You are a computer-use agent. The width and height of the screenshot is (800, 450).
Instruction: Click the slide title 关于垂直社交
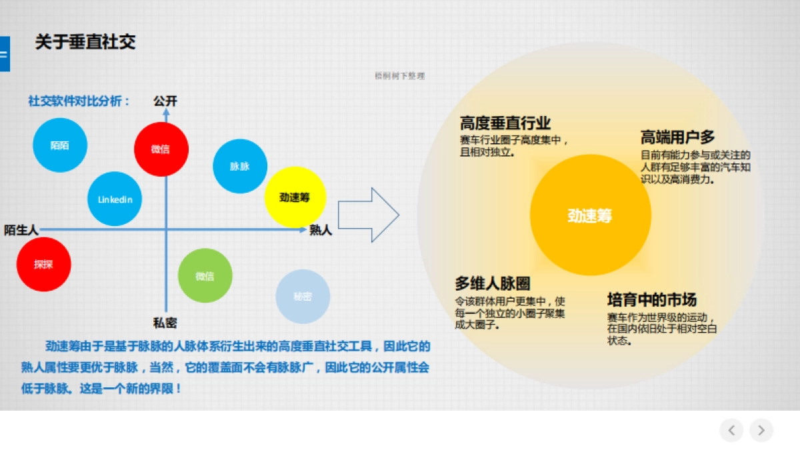[x=85, y=43]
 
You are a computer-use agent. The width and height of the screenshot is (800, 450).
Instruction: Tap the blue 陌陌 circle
[x=60, y=145]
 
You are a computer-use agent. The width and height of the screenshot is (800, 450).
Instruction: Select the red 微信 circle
[x=161, y=149]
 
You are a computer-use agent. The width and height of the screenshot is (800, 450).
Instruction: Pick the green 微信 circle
[x=205, y=276]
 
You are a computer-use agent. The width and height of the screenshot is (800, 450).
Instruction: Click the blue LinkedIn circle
[x=115, y=199]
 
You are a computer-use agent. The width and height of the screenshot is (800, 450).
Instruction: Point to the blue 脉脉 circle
[x=240, y=167]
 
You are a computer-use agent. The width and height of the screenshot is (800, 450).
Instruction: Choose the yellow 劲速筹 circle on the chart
[x=295, y=197]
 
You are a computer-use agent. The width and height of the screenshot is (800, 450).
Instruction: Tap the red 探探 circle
[x=43, y=264]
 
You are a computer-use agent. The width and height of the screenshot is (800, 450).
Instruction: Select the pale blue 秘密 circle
[x=303, y=297]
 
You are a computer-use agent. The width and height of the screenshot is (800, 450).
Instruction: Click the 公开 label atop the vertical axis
[x=165, y=101]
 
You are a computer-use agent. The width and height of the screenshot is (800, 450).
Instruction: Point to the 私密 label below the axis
[x=165, y=323]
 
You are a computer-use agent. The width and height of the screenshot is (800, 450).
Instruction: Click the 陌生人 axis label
[x=21, y=230]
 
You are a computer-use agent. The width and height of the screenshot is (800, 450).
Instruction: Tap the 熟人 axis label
[x=321, y=231]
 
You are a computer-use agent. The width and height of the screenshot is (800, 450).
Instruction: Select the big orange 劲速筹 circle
[x=590, y=215]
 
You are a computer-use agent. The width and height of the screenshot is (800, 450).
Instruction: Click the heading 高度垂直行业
[x=505, y=123]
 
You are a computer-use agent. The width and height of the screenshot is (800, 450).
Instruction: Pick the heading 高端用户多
[x=677, y=137]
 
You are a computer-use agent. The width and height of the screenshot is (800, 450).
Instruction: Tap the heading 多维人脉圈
[x=493, y=283]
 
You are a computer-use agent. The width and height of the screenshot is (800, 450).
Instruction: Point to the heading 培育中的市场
[x=651, y=299]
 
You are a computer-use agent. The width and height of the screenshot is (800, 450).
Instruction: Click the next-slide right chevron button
[x=761, y=430]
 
